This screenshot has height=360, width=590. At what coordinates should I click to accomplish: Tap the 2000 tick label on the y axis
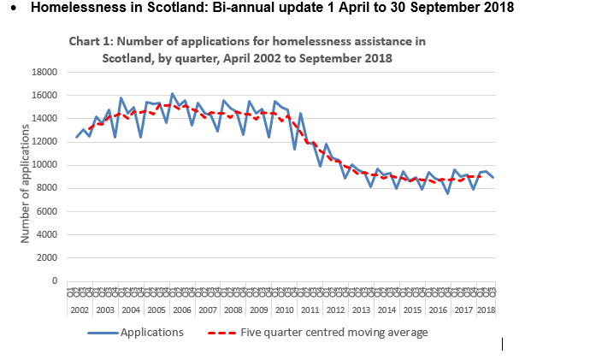pyautogui.click(x=48, y=257)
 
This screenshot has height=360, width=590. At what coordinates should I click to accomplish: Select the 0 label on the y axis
pyautogui.click(x=54, y=280)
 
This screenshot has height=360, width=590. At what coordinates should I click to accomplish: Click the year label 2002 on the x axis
pyautogui.click(x=80, y=310)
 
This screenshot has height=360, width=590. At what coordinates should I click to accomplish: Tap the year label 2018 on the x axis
pyautogui.click(x=486, y=310)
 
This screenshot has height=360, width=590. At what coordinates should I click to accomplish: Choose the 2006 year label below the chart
pyautogui.click(x=182, y=310)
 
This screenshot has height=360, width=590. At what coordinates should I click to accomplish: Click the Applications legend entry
pyautogui.click(x=151, y=333)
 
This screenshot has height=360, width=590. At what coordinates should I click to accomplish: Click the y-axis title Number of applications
pyautogui.click(x=26, y=183)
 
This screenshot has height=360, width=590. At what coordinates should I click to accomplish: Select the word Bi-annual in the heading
pyautogui.click(x=255, y=9)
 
